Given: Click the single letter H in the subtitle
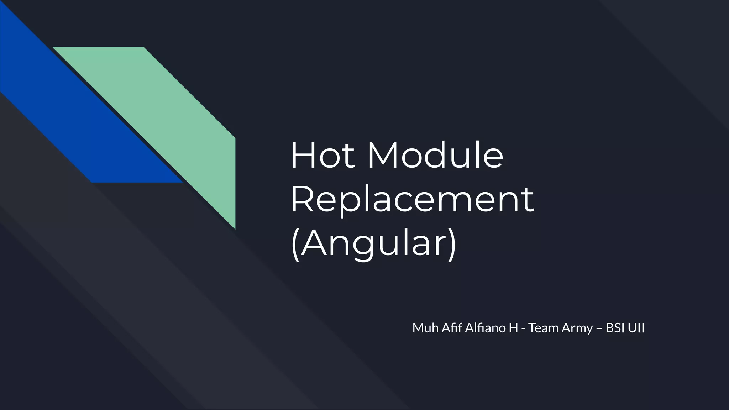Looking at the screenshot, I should pyautogui.click(x=513, y=328).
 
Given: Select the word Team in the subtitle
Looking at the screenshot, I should pyautogui.click(x=543, y=328).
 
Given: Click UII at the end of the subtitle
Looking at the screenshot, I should pyautogui.click(x=636, y=328).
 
